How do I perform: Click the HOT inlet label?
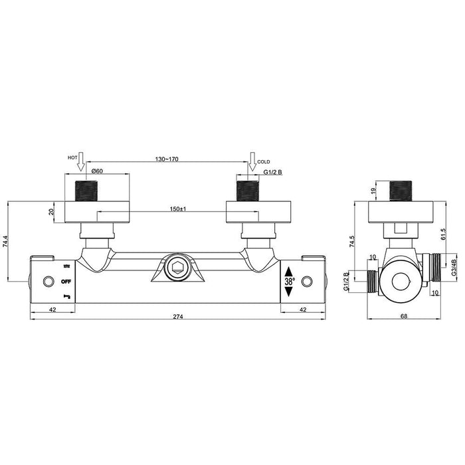[72, 157]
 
